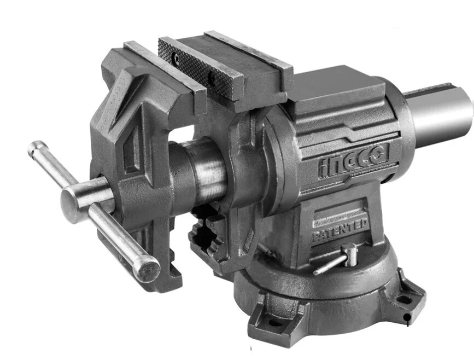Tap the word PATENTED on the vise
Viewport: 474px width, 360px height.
tap(340, 230)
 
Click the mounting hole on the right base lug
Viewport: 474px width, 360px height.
tap(405, 299)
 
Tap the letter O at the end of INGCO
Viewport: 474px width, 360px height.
tap(381, 153)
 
